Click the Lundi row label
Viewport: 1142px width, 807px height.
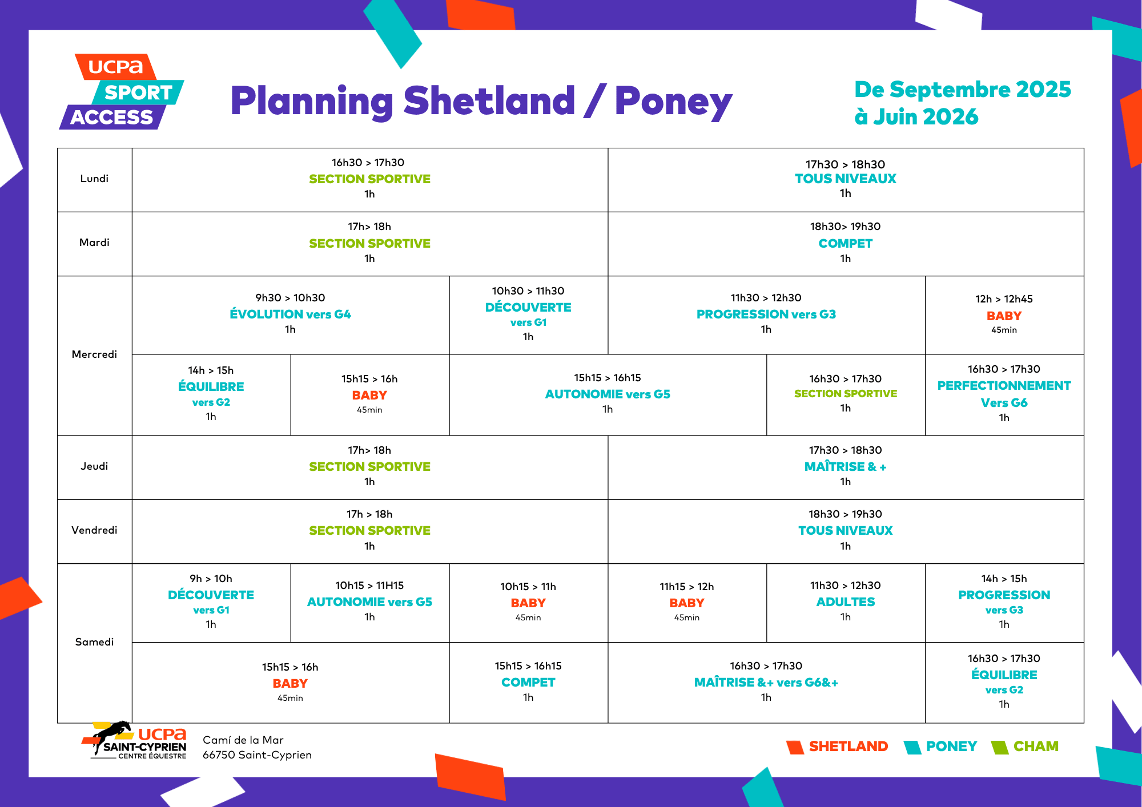click(x=94, y=179)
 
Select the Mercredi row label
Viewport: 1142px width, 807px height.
click(x=94, y=354)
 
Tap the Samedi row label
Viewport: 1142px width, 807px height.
click(x=94, y=642)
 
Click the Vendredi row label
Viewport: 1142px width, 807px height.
click(x=94, y=530)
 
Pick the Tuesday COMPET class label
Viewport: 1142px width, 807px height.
click(x=846, y=244)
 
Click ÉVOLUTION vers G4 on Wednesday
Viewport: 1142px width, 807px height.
click(x=290, y=314)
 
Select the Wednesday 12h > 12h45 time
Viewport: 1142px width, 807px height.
click(x=1004, y=299)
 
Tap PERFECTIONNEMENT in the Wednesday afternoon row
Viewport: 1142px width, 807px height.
click(x=1004, y=386)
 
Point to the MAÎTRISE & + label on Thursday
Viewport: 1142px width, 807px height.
click(x=846, y=467)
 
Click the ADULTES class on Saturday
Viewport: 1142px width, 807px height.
click(x=846, y=602)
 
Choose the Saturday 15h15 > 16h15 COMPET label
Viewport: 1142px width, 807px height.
click(x=528, y=683)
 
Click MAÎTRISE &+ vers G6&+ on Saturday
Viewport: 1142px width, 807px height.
click(x=766, y=683)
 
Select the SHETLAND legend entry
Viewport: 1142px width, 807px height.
click(x=849, y=747)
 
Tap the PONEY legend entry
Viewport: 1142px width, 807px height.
click(x=951, y=747)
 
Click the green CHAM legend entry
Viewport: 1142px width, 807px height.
click(x=1036, y=747)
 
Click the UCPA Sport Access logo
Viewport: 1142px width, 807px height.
click(x=122, y=92)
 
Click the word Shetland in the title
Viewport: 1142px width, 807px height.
click(x=489, y=101)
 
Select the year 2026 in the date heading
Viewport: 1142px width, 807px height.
click(x=950, y=117)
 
